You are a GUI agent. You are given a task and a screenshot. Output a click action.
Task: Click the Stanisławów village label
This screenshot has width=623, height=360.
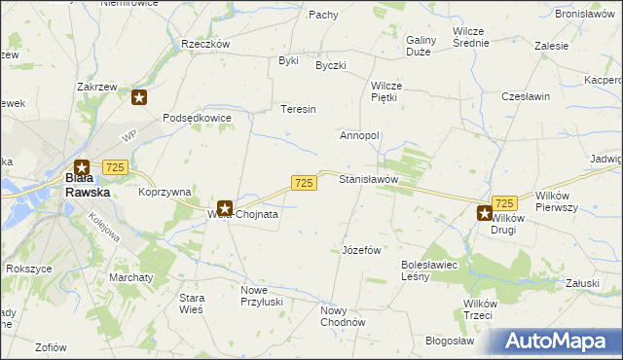(369, 180)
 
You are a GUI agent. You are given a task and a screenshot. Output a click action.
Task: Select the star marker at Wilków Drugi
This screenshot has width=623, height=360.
(484, 212)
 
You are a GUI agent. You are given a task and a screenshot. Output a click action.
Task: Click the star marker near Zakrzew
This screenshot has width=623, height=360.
(140, 97)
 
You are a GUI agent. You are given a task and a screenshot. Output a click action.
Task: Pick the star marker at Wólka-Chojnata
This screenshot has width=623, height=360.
(224, 207)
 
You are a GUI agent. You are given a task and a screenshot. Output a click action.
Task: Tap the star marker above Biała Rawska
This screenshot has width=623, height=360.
(82, 167)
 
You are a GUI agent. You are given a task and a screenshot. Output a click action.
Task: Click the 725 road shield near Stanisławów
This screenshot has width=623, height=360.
(304, 183)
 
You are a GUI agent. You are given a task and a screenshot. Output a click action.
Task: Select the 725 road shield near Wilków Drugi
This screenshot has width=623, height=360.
(504, 202)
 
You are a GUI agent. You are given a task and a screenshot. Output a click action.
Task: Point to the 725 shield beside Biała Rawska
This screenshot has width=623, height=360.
(115, 167)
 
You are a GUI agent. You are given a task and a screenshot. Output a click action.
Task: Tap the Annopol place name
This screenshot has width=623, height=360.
(359, 135)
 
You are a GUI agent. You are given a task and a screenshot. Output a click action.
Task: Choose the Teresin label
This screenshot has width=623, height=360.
(299, 109)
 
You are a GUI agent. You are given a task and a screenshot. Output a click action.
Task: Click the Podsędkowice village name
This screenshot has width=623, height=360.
(197, 118)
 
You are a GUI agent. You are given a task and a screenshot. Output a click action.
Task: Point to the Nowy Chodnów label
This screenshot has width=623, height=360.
(342, 317)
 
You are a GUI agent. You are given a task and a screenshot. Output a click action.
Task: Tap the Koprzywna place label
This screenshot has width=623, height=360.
(164, 193)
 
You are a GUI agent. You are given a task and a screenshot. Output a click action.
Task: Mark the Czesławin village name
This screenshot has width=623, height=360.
(526, 97)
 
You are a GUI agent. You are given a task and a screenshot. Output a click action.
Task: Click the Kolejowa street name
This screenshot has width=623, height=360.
(106, 234)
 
